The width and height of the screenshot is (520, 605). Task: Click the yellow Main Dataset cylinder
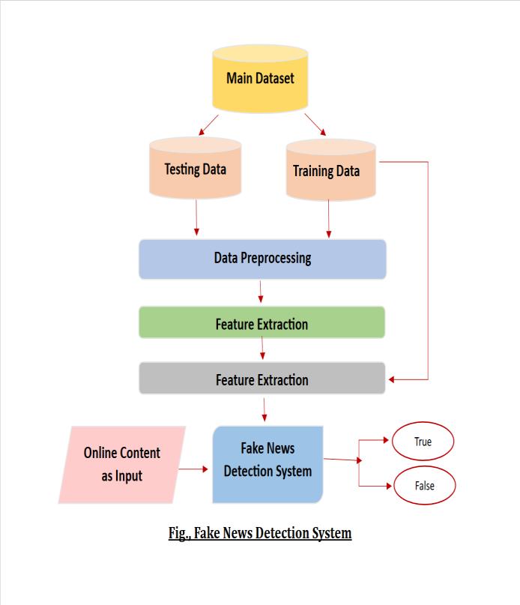coord(260,78)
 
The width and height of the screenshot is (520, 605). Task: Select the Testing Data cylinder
coord(195,169)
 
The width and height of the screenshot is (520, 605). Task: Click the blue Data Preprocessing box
coord(262,259)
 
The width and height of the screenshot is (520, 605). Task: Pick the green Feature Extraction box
coord(261,324)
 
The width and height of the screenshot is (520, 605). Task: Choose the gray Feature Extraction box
coord(261,379)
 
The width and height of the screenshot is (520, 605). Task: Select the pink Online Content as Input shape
coord(122,464)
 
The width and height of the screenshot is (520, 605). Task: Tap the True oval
coord(423,442)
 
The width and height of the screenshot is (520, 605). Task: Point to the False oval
coord(424,486)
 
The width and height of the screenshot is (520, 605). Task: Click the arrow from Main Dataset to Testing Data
coord(208,125)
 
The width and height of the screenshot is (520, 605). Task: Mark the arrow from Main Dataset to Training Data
coord(315,125)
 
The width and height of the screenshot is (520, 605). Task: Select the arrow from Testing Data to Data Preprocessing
coord(196,217)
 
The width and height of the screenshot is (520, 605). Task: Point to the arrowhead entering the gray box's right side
coord(392,379)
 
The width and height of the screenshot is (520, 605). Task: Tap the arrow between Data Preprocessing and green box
coord(261,292)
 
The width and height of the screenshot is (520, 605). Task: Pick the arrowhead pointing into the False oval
coord(388,486)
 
